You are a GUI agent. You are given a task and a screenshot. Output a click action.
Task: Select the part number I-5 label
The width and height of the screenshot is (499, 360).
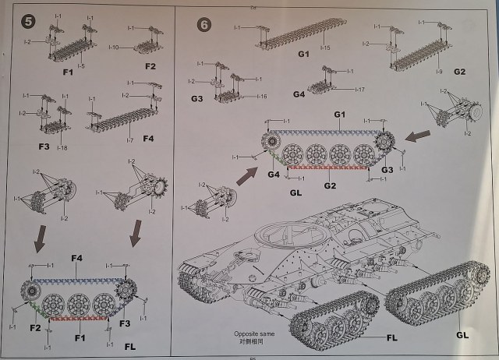(80, 65)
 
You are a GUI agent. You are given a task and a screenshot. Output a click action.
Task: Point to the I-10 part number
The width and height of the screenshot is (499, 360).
(114, 48)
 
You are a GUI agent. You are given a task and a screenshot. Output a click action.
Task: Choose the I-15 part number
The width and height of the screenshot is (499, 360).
(324, 48)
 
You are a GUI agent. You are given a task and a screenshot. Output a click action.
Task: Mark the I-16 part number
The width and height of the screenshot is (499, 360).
(261, 97)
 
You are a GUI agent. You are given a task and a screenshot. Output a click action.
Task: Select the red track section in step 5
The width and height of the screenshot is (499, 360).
(76, 319)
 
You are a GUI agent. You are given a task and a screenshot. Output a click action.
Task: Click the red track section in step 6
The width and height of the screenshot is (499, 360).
(327, 167)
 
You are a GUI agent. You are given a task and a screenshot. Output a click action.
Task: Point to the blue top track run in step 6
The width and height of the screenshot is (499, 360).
(328, 132)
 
